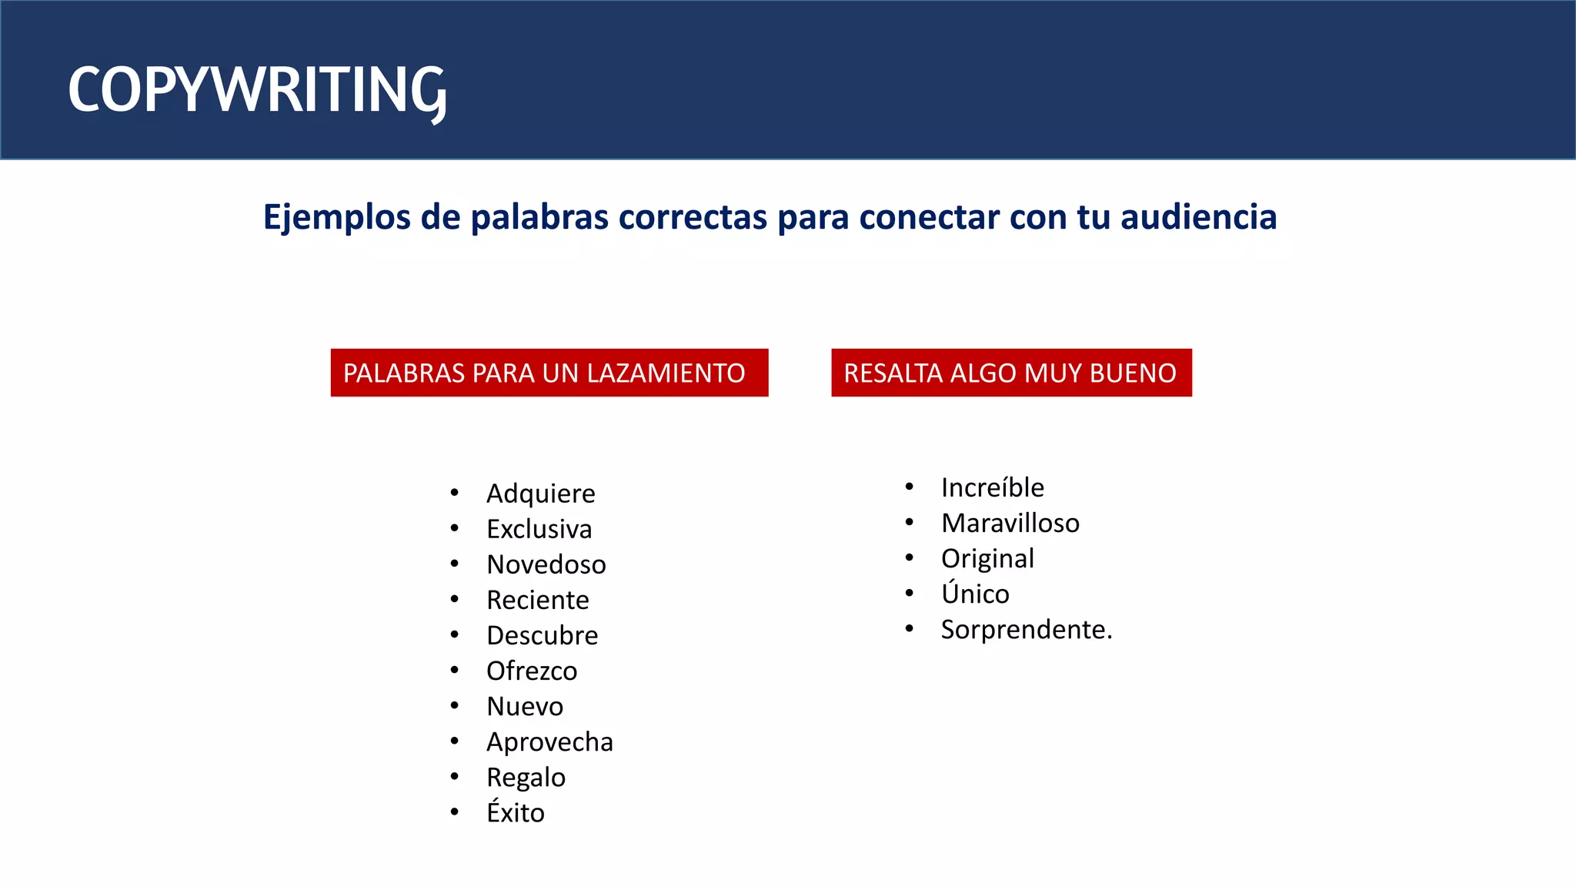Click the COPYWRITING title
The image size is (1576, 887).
(257, 91)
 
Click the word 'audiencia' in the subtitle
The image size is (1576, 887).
(1198, 217)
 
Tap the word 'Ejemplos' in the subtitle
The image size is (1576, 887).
(336, 218)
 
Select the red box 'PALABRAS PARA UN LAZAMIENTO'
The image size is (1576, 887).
(549, 373)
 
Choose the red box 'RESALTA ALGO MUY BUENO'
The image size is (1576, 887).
(1011, 373)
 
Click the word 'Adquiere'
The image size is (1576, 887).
(540, 494)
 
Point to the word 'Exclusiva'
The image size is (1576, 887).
(539, 529)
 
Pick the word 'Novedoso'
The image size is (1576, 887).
(546, 564)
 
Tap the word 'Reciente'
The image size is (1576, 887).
(537, 600)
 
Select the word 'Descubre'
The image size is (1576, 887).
(542, 635)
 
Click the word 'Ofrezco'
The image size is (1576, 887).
(531, 671)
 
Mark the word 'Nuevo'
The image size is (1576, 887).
(524, 706)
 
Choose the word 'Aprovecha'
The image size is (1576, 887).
(549, 741)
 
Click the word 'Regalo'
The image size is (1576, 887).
(526, 778)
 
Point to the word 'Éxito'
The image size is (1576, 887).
(515, 812)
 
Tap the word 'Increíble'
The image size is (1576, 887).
(992, 487)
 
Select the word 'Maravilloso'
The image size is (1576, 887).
(1010, 523)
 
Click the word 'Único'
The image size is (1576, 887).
(974, 594)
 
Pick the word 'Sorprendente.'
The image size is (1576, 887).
(1026, 630)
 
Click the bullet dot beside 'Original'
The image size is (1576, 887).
(909, 557)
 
